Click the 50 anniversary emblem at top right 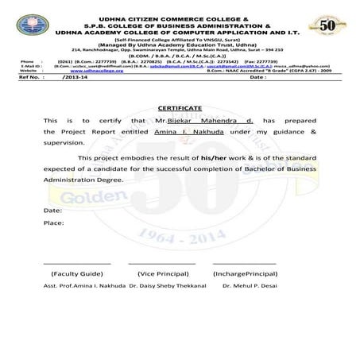(x=327, y=24)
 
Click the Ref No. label (x=30, y=78)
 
